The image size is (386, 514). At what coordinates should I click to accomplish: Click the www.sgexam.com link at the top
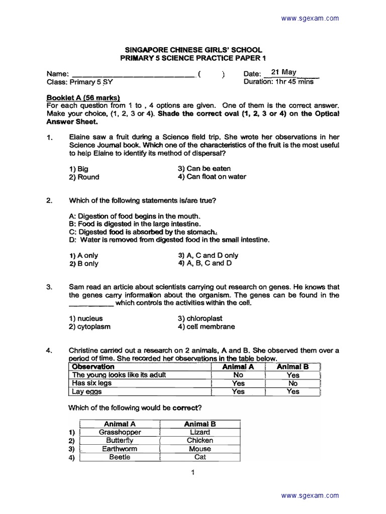[310, 19]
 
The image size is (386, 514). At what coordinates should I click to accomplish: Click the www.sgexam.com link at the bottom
[310, 496]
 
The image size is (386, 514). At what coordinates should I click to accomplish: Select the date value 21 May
[283, 72]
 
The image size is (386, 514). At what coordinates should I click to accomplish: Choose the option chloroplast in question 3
[200, 318]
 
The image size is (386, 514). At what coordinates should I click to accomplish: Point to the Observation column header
[93, 367]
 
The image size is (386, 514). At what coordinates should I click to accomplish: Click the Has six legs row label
[92, 383]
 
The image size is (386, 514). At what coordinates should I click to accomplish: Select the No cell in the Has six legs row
[293, 383]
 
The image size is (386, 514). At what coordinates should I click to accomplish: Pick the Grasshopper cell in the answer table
[120, 432]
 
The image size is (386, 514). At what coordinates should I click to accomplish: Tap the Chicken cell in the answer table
[200, 440]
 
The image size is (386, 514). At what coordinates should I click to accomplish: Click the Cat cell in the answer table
[200, 457]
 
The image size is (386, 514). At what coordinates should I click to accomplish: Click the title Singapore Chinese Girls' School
[193, 50]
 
